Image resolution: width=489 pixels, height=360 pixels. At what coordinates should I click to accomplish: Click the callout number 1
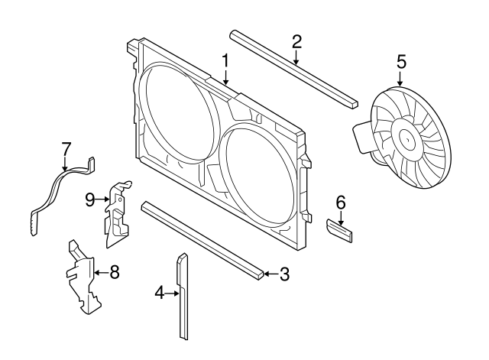click(225, 60)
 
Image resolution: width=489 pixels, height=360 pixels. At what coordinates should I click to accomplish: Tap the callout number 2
click(296, 42)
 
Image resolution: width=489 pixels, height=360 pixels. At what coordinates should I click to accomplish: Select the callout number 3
click(283, 274)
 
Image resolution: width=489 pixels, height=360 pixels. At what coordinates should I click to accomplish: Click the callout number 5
click(401, 60)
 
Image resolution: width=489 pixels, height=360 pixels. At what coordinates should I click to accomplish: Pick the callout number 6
click(341, 203)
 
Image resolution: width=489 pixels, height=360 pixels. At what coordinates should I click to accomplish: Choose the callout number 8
click(115, 271)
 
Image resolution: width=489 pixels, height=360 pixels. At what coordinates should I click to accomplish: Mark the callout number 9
click(89, 200)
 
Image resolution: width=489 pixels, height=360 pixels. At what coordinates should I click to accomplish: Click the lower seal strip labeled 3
click(202, 238)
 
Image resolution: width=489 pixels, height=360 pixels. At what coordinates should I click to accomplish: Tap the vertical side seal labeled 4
click(183, 298)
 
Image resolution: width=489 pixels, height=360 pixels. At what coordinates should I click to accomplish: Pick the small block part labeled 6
click(340, 229)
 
